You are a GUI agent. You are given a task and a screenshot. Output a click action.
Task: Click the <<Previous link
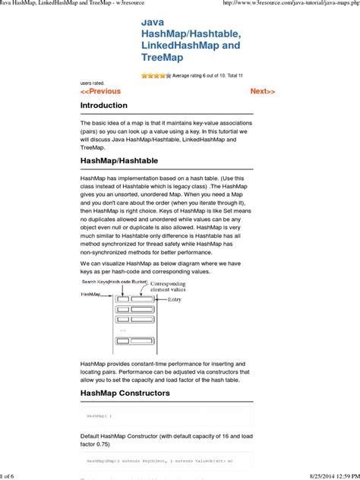[x=100, y=91]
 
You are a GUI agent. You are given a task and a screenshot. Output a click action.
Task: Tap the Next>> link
[x=263, y=91]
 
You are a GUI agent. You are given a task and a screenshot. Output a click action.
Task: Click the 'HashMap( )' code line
[x=99, y=416]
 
